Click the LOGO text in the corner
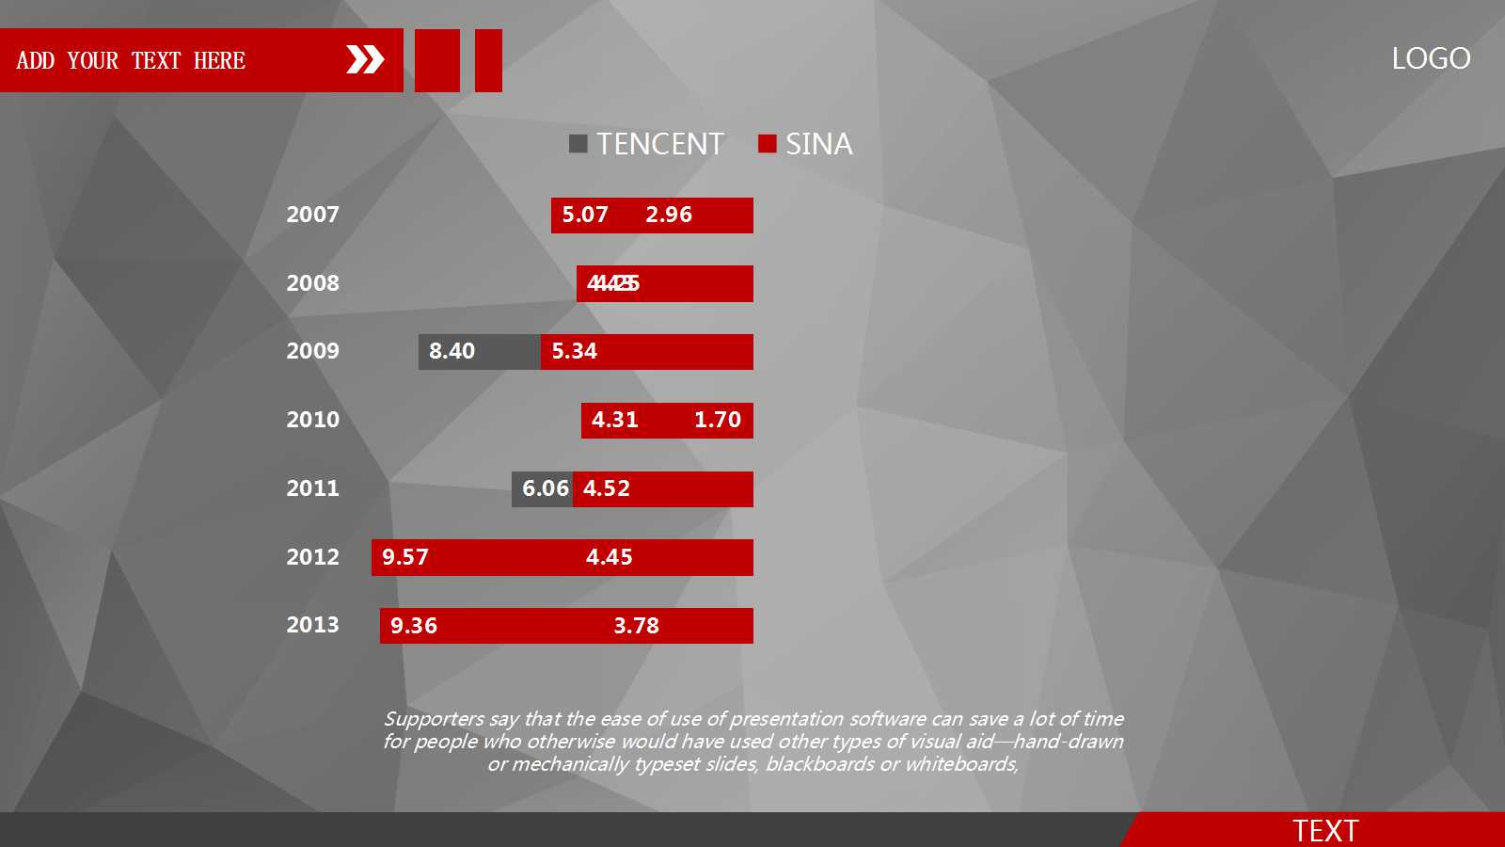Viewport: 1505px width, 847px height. click(1431, 58)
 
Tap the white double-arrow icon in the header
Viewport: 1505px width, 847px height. click(365, 59)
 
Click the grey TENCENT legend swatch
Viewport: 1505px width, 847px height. click(578, 143)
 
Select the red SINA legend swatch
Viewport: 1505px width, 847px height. click(768, 143)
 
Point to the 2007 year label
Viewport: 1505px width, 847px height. click(312, 215)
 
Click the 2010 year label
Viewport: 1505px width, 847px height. click(312, 420)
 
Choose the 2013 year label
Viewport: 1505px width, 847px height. click(312, 625)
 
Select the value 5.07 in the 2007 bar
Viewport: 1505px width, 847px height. click(585, 215)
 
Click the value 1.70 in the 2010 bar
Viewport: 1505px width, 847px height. click(718, 420)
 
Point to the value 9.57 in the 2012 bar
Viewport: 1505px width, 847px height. click(405, 557)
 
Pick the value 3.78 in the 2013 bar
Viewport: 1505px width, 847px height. click(637, 626)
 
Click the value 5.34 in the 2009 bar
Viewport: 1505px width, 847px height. click(575, 351)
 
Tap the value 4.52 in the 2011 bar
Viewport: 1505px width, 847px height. click(607, 488)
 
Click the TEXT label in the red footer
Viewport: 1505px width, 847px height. click(1325, 831)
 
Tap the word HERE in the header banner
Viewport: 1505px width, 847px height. click(219, 61)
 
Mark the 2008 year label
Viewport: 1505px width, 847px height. click(312, 283)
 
